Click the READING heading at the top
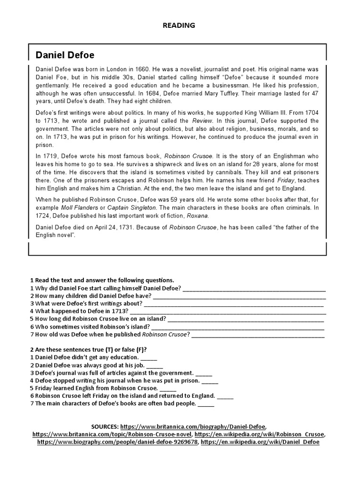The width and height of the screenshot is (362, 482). tap(179, 25)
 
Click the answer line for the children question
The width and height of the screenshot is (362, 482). tap(239, 296)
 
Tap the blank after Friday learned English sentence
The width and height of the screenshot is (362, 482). tap(168, 388)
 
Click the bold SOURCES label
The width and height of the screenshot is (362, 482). tap(105, 426)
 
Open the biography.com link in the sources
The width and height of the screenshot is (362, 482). tap(118, 442)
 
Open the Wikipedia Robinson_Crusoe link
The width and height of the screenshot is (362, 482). tap(259, 434)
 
